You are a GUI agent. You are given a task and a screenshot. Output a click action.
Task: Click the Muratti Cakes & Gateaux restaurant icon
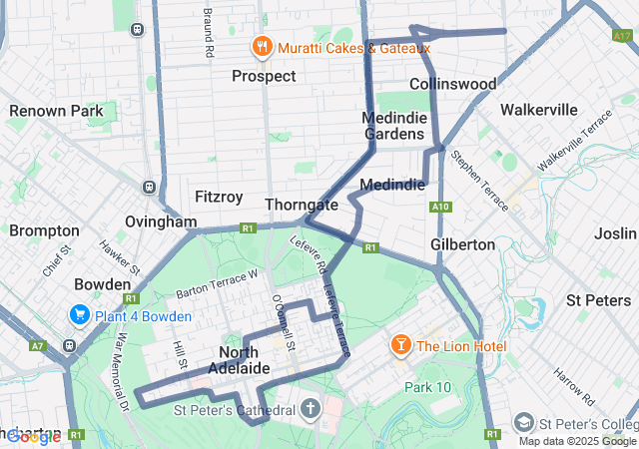click(262, 47)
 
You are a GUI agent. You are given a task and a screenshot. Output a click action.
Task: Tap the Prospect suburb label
click(264, 76)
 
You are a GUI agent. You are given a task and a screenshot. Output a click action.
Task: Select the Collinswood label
click(452, 84)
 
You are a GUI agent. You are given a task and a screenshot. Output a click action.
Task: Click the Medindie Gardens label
click(394, 126)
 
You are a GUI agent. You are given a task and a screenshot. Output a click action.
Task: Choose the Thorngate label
click(302, 205)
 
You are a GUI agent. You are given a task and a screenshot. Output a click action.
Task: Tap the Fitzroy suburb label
click(219, 197)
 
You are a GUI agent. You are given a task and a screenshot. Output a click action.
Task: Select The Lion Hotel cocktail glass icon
click(400, 345)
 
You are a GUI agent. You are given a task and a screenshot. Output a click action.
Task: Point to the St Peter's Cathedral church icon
click(311, 409)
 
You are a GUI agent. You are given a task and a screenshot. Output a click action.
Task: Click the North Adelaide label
click(239, 360)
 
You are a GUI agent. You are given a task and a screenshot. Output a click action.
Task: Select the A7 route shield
click(38, 345)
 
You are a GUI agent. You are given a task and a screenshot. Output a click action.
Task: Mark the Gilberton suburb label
click(462, 243)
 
